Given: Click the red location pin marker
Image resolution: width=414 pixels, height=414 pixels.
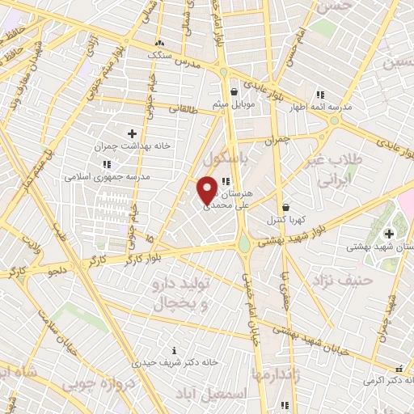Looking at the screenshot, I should tap(207, 189).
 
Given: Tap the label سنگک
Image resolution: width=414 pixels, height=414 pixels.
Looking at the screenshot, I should tap(160, 54).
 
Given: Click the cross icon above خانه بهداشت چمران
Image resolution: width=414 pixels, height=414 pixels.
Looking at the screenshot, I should tap(133, 133).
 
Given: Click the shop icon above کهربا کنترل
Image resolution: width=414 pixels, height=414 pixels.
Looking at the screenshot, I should tap(284, 207).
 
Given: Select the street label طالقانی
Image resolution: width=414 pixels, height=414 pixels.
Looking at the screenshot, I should tap(184, 108).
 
